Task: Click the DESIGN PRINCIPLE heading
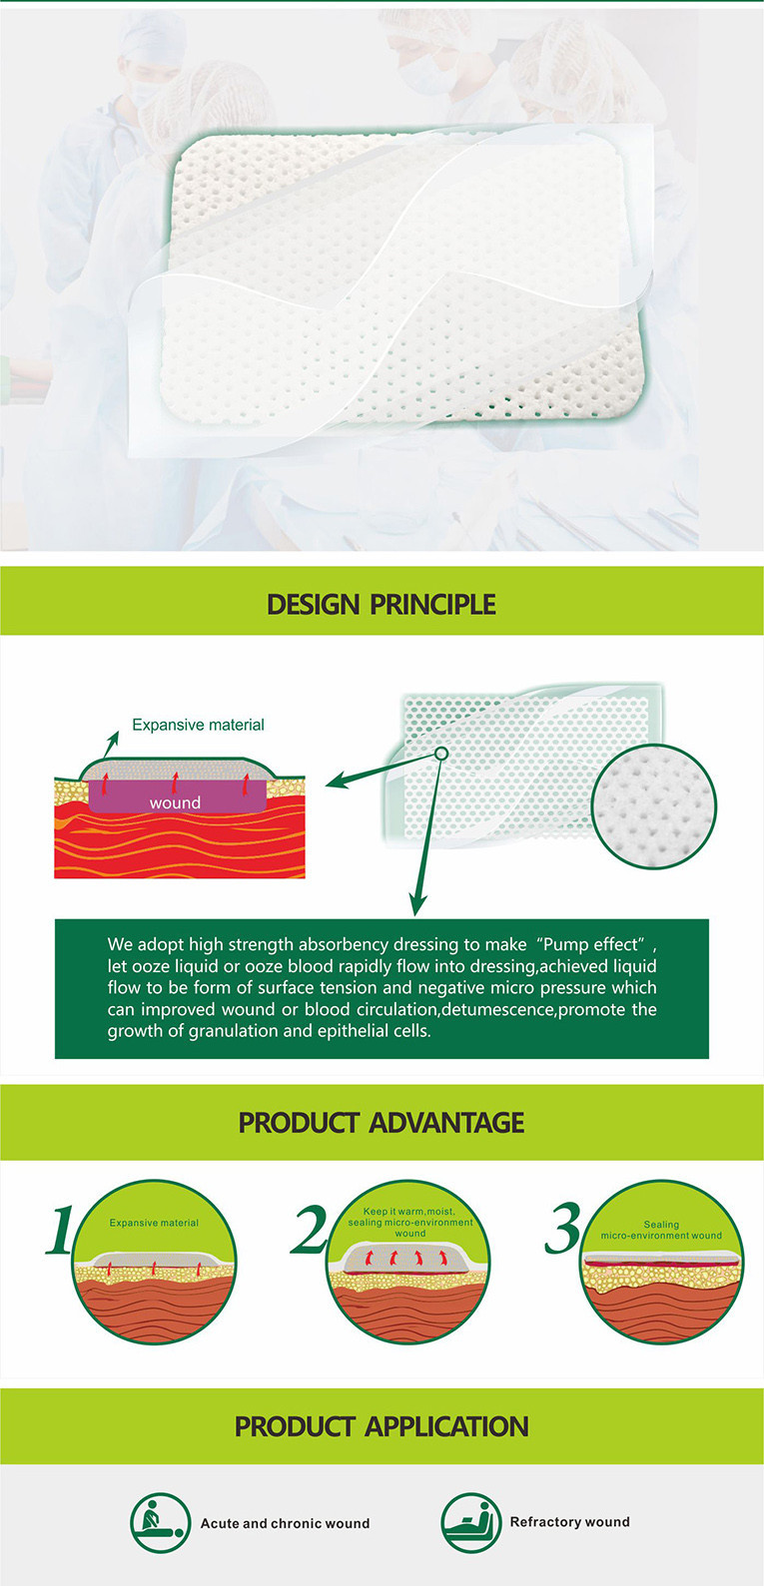point(382,605)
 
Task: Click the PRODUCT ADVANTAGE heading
point(382,1123)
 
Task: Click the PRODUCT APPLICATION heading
point(382,1426)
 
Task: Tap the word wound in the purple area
point(175,802)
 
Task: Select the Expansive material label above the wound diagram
point(198,725)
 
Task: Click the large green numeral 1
point(60,1230)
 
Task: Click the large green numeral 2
point(309,1229)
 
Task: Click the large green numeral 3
point(563,1228)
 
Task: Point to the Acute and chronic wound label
point(285,1524)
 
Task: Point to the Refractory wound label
point(570,1522)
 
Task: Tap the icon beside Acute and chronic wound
point(160,1523)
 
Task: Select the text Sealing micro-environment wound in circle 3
point(661,1230)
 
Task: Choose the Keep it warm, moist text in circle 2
point(408,1212)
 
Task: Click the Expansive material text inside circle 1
point(154,1223)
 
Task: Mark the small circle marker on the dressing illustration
point(440,754)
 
